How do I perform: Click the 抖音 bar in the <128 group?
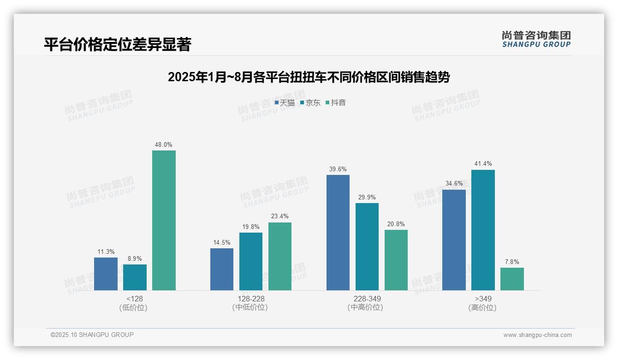[x=164, y=220]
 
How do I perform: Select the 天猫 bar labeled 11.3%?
[x=106, y=274]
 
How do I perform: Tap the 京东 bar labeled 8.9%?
[x=135, y=277]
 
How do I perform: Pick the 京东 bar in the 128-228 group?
[x=251, y=261]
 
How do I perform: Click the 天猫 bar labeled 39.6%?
[x=338, y=232]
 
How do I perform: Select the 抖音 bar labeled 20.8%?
[x=396, y=260]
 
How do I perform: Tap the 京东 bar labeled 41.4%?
[x=483, y=230]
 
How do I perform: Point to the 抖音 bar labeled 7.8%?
[x=512, y=279]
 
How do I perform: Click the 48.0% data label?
[x=164, y=144]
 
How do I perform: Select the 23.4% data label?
[x=280, y=216]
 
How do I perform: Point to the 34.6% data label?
[x=454, y=184]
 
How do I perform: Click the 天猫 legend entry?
[x=285, y=103]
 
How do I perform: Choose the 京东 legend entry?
[x=310, y=103]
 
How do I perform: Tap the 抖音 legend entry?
[x=336, y=103]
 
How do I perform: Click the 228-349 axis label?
[x=367, y=299]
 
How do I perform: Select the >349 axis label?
[x=483, y=299]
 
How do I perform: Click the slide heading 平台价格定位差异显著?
[x=117, y=45]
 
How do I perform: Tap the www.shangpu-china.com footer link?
[x=537, y=335]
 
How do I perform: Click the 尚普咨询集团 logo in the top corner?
[x=536, y=39]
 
